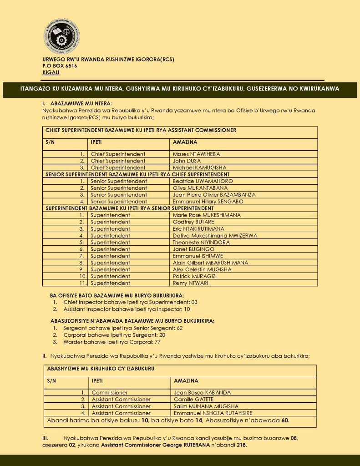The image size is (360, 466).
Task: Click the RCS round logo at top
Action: tap(62, 37)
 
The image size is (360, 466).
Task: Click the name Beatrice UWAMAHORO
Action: tap(203, 181)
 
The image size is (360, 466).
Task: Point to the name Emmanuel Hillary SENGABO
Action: tap(208, 202)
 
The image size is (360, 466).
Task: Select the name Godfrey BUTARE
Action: tap(193, 222)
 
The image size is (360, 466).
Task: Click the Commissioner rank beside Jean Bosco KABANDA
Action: tap(110, 393)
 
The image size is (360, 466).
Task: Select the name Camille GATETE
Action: tap(193, 400)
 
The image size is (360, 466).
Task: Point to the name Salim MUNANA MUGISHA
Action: tap(206, 406)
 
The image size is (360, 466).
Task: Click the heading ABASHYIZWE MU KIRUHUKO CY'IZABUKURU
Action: tap(100, 369)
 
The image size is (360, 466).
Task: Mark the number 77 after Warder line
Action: tap(157, 342)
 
